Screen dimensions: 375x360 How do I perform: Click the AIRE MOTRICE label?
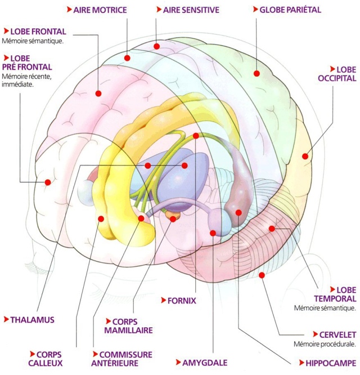[x=100, y=10]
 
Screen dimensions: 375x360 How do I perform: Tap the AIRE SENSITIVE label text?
[x=191, y=10]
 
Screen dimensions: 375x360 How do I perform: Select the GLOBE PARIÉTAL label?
[x=290, y=10]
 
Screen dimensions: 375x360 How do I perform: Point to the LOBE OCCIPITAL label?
[x=337, y=74]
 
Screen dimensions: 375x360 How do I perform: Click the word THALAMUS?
[x=32, y=320]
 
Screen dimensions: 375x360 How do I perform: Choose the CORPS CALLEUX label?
[x=46, y=359]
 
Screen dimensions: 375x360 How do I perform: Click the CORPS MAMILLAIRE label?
[x=128, y=326]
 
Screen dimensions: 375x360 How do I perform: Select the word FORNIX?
[x=181, y=301]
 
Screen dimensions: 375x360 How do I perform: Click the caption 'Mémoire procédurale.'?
[x=324, y=344]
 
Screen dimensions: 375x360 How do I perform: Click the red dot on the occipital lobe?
[x=305, y=157]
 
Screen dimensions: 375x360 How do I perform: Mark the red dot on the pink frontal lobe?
[x=98, y=93]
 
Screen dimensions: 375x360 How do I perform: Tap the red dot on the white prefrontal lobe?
[x=48, y=182]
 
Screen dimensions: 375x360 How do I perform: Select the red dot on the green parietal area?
[x=256, y=73]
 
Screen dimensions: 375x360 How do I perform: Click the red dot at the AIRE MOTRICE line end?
[x=128, y=57]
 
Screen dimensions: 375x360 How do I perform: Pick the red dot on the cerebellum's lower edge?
[x=262, y=275]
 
